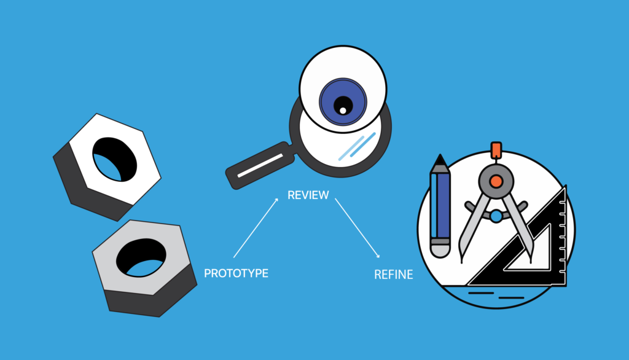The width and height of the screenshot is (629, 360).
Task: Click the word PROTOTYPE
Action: tap(236, 273)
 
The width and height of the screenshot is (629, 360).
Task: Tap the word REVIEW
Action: tap(308, 195)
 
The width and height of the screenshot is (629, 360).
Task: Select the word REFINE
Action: tap(393, 275)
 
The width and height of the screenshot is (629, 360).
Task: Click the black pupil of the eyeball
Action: tap(342, 105)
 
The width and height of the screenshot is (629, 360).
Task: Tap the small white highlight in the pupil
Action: tap(343, 111)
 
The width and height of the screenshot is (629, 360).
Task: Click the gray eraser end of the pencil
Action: tap(440, 249)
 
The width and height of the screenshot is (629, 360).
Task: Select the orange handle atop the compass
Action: tap(495, 150)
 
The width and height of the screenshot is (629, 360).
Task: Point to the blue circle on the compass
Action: tap(496, 216)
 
